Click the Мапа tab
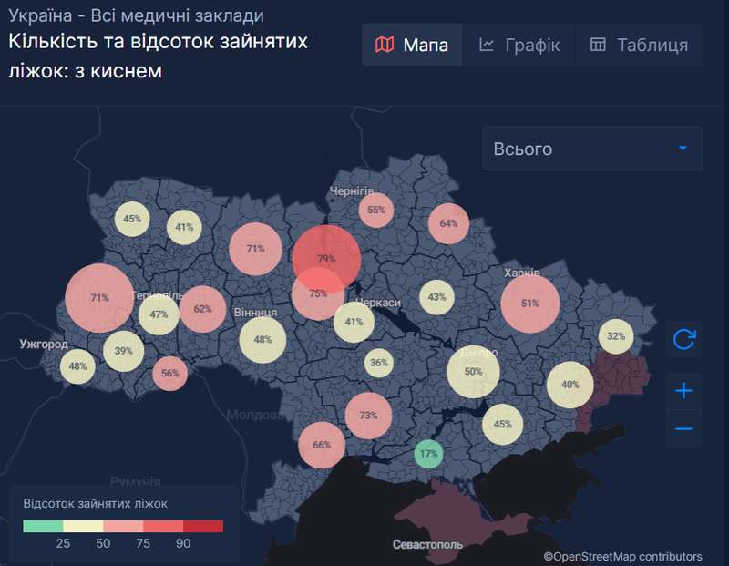412,45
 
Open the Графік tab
519,45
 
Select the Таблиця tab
639,45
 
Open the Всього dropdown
592,149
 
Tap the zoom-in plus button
683,392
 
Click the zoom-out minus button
683,428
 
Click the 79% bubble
326,259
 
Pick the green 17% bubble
428,454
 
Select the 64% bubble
448,223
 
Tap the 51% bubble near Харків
529,304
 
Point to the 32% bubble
616,336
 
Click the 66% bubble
322,445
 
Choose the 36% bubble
379,363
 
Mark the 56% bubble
169,373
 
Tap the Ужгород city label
43,345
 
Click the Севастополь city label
427,545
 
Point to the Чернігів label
353,190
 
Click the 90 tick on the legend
183,543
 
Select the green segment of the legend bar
43,526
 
